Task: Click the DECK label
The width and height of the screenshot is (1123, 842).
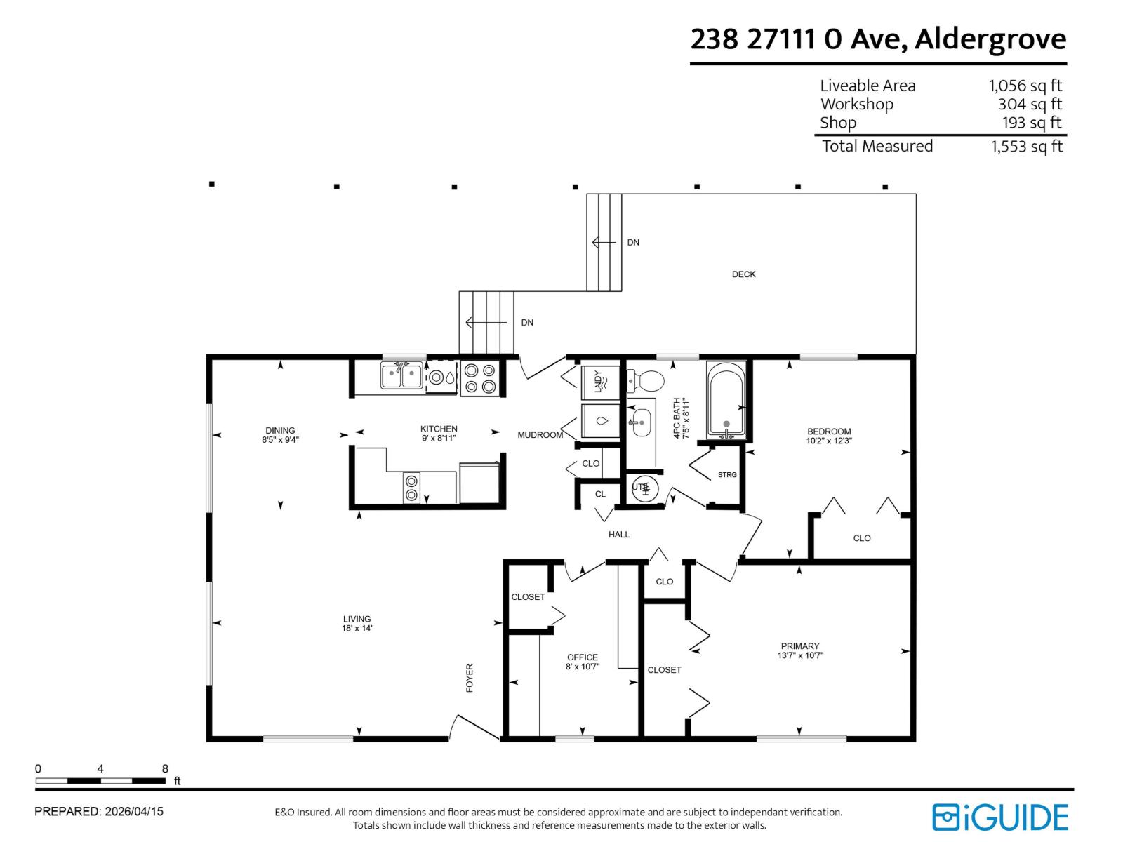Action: click(x=743, y=274)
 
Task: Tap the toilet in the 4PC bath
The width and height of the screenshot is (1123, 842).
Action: click(x=646, y=382)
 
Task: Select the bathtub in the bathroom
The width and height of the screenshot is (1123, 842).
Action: click(x=726, y=400)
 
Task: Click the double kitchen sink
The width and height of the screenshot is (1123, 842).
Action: click(x=401, y=375)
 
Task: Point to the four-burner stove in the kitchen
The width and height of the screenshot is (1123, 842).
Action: click(x=481, y=378)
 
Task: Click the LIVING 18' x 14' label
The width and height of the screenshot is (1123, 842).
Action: click(x=357, y=624)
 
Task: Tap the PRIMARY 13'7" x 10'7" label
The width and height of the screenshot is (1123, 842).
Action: click(x=800, y=650)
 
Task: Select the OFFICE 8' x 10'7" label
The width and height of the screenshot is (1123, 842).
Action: click(x=582, y=662)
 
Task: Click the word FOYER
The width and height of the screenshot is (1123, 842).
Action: click(x=470, y=678)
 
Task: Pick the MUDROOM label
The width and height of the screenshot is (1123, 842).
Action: click(x=540, y=435)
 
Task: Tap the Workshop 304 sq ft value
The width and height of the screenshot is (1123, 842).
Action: click(x=1030, y=105)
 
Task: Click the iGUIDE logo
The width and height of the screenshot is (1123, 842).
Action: click(x=999, y=817)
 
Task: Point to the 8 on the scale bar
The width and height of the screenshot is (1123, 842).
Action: click(x=165, y=769)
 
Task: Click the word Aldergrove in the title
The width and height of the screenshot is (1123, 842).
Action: click(x=990, y=39)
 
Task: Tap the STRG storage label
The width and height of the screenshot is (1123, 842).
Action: click(x=727, y=475)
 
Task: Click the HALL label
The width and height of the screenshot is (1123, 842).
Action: click(x=618, y=535)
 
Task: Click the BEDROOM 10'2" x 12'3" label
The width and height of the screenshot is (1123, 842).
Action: click(x=829, y=436)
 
